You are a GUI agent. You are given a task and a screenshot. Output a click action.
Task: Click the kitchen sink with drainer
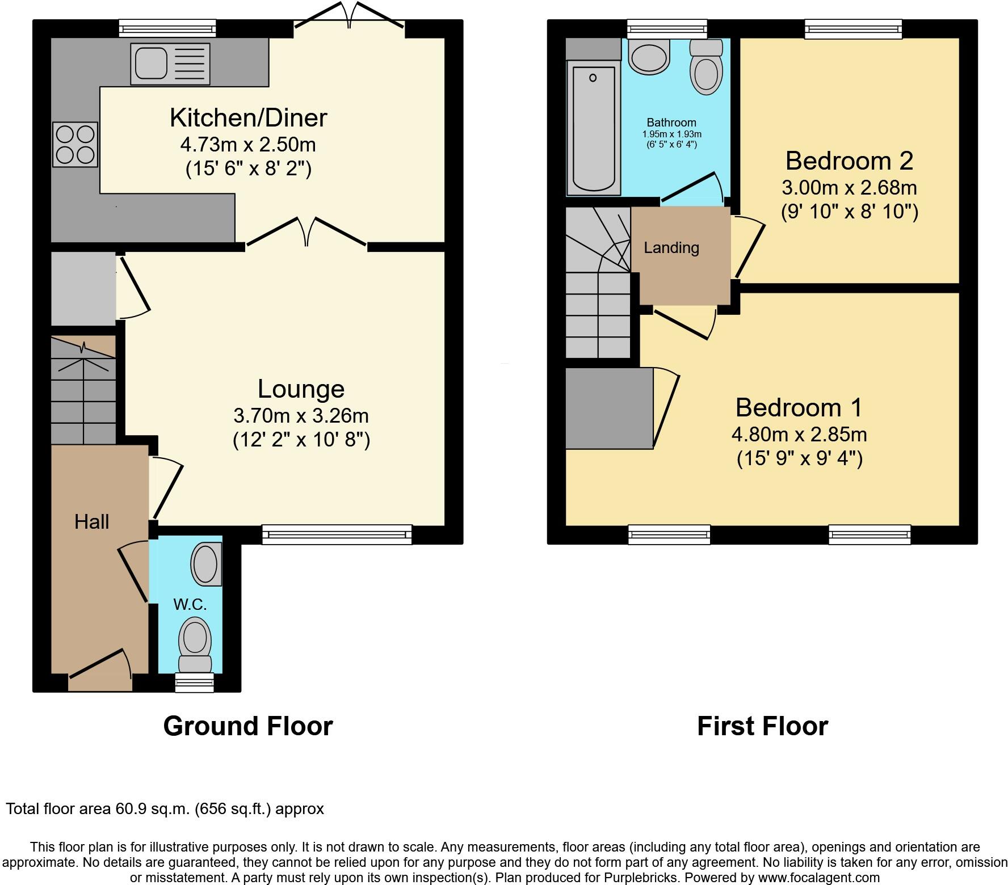tap(170, 64)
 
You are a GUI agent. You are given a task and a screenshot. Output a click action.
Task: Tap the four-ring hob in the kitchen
tap(75, 145)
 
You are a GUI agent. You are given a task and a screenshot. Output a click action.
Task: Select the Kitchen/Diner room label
tap(248, 117)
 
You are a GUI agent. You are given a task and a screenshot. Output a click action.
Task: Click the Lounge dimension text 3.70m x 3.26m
tap(301, 416)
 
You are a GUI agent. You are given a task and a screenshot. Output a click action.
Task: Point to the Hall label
tap(91, 522)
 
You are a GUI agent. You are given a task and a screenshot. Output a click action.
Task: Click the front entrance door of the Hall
tap(100, 669)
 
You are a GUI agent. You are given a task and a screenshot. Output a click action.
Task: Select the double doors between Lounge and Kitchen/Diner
tap(306, 233)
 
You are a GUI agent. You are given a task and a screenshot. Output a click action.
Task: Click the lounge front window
tap(337, 534)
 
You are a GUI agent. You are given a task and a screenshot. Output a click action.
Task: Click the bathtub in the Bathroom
tap(593, 129)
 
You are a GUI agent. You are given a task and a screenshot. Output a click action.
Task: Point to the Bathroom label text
tap(671, 123)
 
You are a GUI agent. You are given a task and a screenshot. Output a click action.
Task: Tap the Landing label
tap(671, 248)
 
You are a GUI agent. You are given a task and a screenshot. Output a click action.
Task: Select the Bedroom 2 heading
tap(849, 161)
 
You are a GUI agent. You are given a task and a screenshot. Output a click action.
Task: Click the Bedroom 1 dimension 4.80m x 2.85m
tap(799, 435)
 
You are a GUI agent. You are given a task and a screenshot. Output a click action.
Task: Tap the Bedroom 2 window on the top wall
tap(853, 29)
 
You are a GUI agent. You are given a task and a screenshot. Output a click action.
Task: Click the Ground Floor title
tap(248, 726)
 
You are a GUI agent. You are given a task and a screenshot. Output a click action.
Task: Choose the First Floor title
tap(762, 726)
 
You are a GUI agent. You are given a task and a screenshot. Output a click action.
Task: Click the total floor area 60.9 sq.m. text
tap(165, 808)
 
